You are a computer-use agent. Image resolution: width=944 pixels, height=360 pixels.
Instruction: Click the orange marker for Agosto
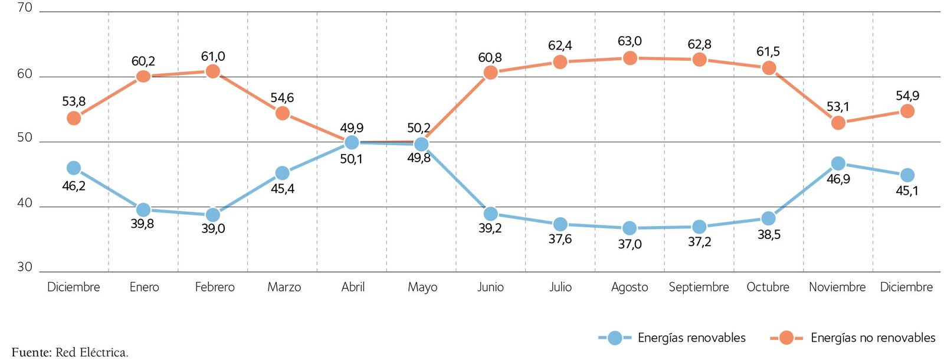[x=630, y=58]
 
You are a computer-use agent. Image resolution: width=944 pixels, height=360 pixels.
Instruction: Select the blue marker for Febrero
[x=213, y=215]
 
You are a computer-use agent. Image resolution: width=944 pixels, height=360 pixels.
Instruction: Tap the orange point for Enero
[x=143, y=76]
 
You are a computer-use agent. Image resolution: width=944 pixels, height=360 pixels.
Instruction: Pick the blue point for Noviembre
[x=838, y=163]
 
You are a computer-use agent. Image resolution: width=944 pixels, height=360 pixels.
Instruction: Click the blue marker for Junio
[x=490, y=214]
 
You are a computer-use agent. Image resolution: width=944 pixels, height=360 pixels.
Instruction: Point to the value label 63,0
[x=630, y=41]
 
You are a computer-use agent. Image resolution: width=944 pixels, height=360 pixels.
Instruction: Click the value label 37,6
[x=560, y=239]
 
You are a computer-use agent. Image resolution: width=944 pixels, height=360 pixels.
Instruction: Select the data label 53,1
[x=838, y=107]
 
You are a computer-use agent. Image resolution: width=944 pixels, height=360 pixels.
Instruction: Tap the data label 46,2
[x=74, y=186]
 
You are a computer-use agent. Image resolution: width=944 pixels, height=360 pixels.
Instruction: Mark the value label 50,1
[x=351, y=159]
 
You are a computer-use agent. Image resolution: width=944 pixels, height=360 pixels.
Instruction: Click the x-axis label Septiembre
[x=699, y=287]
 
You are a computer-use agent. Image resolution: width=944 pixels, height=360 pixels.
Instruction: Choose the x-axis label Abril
[x=353, y=287]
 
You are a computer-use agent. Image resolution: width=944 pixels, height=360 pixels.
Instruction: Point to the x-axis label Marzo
[x=284, y=287]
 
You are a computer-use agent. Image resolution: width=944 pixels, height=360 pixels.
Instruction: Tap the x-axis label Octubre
[x=768, y=287]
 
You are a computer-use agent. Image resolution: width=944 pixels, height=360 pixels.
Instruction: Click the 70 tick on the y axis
[x=25, y=8]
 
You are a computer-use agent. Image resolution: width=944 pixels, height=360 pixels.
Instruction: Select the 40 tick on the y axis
[x=25, y=204]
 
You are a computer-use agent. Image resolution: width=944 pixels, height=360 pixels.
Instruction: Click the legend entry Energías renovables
[x=691, y=338]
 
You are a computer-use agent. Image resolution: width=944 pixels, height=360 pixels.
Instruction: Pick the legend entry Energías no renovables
[x=873, y=338]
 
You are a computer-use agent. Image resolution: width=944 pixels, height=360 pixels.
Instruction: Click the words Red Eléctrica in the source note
[x=91, y=353]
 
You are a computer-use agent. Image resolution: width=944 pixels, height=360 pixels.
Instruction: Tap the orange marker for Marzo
[x=283, y=113]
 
